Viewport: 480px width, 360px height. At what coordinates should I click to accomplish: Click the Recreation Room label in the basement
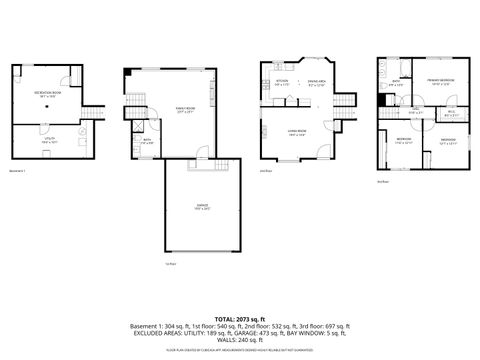tap(47, 94)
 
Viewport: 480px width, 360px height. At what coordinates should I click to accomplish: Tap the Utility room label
tap(47, 141)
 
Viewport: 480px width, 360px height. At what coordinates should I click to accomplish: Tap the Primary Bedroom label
tap(441, 82)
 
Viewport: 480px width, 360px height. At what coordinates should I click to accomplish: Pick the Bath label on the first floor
tap(146, 141)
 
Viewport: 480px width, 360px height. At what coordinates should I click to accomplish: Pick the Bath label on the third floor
tap(397, 84)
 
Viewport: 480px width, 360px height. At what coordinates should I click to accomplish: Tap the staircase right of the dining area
tap(345, 100)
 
